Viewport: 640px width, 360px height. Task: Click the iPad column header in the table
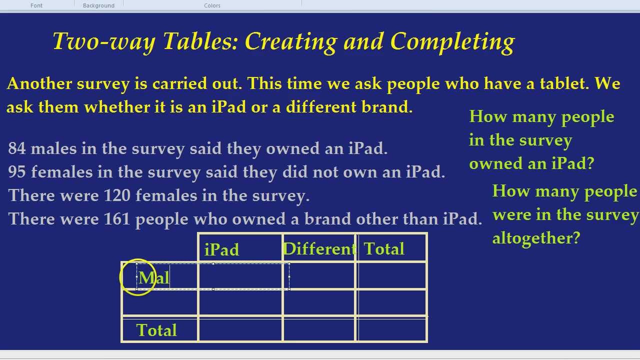click(221, 249)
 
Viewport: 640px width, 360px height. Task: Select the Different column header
click(319, 248)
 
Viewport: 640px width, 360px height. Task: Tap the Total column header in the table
click(384, 248)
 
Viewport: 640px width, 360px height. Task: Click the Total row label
click(156, 330)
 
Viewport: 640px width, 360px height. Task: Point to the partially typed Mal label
click(154, 278)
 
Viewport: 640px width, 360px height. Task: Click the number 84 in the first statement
click(17, 148)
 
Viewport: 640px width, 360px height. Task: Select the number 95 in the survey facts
click(17, 172)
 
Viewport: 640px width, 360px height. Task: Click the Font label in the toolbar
click(36, 5)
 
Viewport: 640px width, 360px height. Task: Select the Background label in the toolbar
click(98, 5)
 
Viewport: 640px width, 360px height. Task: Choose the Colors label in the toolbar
click(212, 5)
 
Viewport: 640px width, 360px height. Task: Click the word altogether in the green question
click(535, 238)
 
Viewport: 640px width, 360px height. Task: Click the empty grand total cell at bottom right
click(392, 329)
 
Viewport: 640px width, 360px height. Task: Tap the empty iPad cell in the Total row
click(240, 329)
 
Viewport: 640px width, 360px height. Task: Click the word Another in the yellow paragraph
click(38, 83)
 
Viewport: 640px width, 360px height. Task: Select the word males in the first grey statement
click(54, 148)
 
